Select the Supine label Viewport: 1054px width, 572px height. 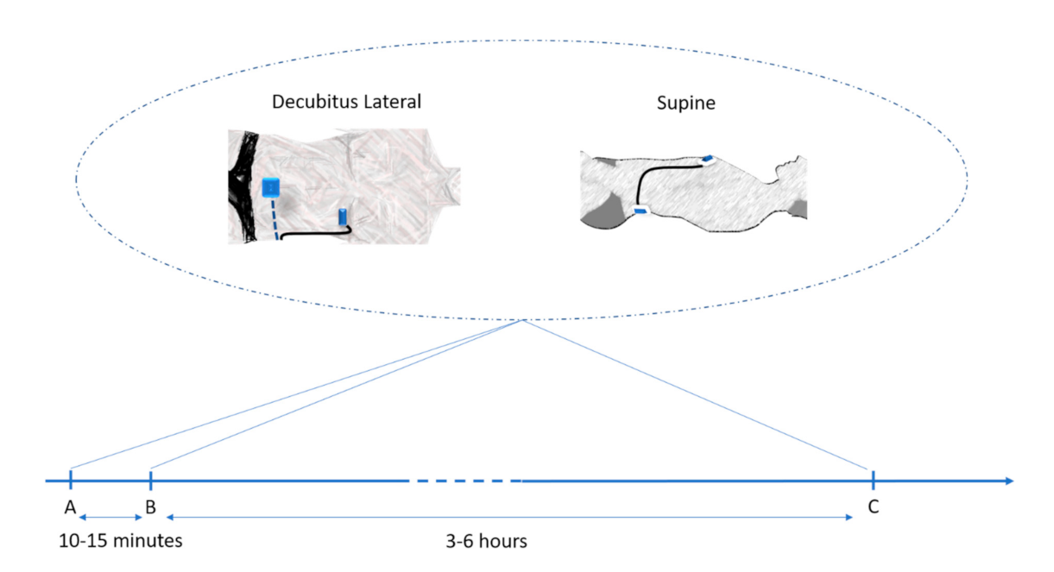click(686, 103)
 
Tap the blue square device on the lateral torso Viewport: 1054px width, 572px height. click(270, 186)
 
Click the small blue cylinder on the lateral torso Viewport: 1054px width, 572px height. click(344, 217)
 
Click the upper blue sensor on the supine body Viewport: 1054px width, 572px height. click(707, 158)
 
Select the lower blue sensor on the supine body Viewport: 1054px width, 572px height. click(641, 211)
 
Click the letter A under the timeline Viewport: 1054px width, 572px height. click(70, 506)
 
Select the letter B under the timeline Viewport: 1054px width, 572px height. click(150, 506)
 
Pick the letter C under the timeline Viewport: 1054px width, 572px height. click(874, 506)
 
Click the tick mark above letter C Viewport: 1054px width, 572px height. click(874, 480)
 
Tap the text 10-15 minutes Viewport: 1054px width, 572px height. click(121, 542)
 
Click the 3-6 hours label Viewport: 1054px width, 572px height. click(486, 542)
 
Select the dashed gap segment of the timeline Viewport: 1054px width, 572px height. click(464, 480)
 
